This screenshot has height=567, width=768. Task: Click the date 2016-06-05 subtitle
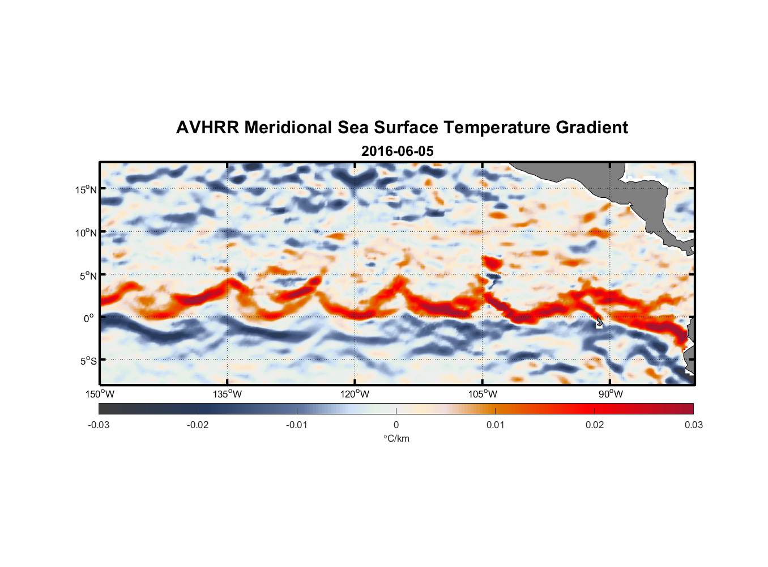point(397,151)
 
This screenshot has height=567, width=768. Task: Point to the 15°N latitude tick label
point(86,189)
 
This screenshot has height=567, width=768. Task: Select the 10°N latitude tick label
point(86,232)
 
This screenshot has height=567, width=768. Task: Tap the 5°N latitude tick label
point(88,276)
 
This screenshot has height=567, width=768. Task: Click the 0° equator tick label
point(89,318)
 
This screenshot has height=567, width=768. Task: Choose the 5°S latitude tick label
point(88,361)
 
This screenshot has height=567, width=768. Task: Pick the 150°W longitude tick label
point(100,394)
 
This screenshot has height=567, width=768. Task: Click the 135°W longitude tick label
point(228,394)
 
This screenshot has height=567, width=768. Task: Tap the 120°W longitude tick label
point(355,394)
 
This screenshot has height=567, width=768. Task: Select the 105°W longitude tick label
point(483,394)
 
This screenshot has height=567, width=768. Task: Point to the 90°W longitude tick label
point(610,394)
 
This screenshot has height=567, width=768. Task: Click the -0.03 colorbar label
point(99,425)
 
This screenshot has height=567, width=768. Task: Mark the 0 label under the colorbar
point(396,425)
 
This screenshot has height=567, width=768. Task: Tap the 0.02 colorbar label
point(595,425)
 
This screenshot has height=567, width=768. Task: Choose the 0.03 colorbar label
point(693,425)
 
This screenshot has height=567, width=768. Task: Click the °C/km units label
point(396,438)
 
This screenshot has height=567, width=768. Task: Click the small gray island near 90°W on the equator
point(599,322)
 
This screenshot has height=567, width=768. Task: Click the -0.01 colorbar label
point(297,425)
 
